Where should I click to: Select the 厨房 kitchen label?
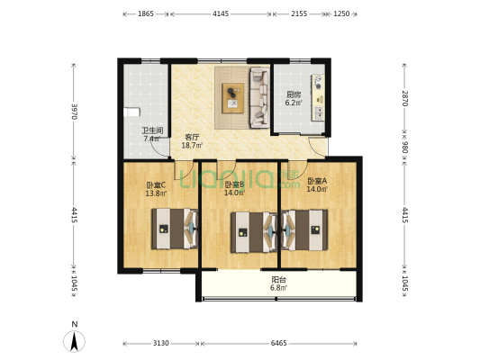pos(294,94)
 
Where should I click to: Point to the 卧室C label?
pos(155,186)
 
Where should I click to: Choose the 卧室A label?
pos(317,181)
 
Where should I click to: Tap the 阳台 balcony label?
pos(279,280)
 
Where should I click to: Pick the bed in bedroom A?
pos(304,229)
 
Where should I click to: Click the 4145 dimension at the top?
pos(221,13)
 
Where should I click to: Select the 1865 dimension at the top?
pos(146,13)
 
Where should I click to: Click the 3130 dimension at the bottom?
pos(161,343)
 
